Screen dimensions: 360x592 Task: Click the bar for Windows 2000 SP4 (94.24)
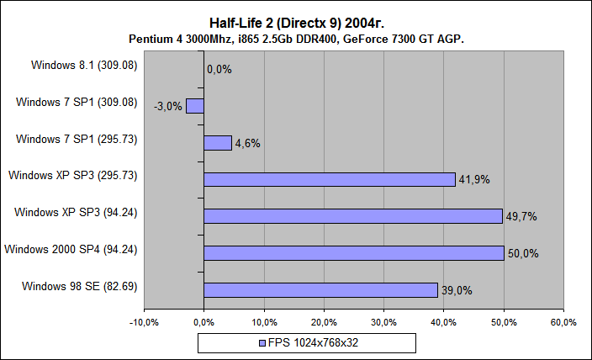353,253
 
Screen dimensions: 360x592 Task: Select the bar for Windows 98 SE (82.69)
320,290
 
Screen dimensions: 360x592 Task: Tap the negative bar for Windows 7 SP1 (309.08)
195,106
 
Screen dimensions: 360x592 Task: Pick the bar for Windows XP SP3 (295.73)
329,179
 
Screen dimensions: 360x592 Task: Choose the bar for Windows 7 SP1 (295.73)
218,143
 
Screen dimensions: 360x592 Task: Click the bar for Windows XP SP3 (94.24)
352,216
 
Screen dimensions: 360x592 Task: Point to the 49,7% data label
521,216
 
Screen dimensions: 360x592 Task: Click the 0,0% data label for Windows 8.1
219,69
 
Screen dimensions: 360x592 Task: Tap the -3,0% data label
168,106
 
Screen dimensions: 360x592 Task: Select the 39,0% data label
457,290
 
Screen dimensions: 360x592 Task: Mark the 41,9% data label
474,179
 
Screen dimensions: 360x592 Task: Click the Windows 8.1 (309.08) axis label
84,64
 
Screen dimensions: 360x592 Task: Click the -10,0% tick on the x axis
145,322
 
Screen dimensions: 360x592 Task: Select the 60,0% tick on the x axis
563,322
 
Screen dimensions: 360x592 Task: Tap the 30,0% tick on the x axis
383,322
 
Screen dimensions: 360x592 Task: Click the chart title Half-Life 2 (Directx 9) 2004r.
296,23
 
